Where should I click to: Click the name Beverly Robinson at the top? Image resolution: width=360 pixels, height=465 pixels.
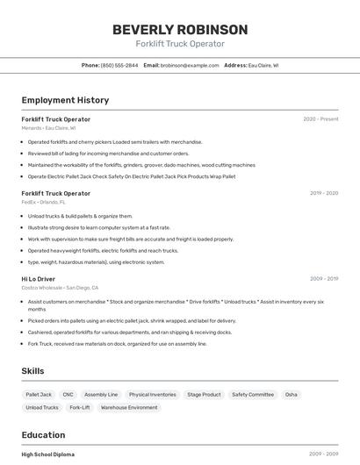pos(180,29)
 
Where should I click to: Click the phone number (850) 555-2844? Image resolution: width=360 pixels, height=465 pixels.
pos(119,65)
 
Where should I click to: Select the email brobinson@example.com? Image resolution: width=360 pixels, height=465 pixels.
pos(190,65)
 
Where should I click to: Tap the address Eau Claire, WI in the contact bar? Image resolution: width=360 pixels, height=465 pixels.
pos(263,65)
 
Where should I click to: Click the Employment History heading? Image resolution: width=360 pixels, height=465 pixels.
pos(65,100)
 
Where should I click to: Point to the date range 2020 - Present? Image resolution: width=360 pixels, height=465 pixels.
pos(320,119)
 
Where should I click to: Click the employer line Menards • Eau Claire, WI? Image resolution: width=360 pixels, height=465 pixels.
pos(48,128)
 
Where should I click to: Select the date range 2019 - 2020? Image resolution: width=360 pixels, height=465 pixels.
pos(324,193)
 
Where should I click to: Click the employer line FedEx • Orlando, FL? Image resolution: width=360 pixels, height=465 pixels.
pos(43,202)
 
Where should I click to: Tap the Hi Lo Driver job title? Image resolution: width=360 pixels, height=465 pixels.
pos(38,279)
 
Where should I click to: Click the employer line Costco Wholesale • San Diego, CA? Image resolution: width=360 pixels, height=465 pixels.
pos(60,288)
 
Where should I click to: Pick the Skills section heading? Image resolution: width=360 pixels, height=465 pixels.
pos(32,371)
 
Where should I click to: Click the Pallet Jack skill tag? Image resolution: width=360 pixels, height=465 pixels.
pos(39,395)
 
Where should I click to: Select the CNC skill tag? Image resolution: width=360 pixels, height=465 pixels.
pos(68,395)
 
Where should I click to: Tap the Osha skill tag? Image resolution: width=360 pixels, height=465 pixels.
pos(292,395)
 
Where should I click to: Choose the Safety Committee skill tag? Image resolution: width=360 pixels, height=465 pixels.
pos(253,395)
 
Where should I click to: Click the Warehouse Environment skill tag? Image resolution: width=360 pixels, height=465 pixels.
pos(129,407)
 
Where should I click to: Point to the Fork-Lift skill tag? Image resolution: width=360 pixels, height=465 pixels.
pos(80,407)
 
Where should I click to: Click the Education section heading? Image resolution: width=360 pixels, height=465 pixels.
pos(43,435)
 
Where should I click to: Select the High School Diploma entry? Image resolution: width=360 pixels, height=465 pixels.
pos(48,454)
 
